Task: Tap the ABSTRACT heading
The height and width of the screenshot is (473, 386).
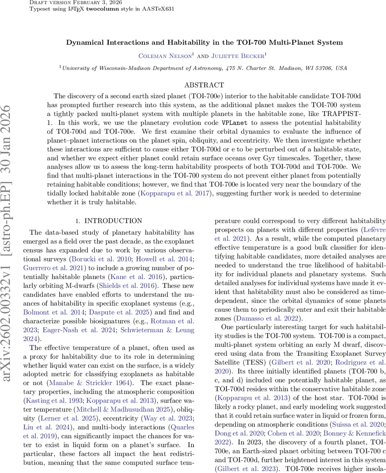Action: pos(204,85)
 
